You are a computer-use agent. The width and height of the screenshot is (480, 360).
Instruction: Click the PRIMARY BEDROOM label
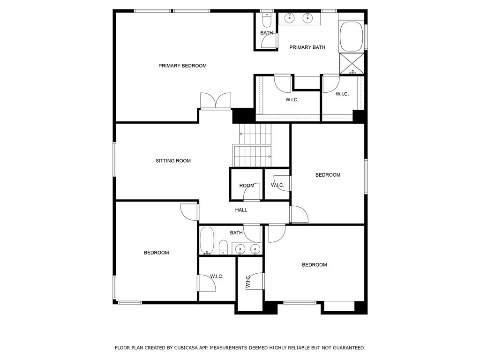pos(182,66)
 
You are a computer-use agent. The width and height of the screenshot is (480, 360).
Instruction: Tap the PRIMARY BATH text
pos(307,47)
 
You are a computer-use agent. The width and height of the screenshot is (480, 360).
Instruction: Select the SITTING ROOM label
pos(173,161)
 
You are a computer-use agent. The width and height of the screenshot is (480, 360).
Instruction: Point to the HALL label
pos(241,210)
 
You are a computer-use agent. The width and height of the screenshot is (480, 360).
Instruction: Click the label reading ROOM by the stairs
pos(247,186)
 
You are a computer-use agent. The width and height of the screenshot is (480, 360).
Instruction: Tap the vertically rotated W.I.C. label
pos(248,281)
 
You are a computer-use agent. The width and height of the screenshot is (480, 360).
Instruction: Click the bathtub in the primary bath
pos(351,37)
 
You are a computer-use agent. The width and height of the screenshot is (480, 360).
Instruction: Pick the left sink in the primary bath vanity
pos(290,18)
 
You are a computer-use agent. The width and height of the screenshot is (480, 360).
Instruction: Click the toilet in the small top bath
pos(266,20)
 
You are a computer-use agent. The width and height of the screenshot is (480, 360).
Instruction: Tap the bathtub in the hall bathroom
pos(207,241)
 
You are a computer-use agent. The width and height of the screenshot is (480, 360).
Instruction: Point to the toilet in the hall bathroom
pos(224,247)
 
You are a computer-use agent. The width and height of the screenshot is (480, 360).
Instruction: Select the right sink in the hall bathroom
pos(255,249)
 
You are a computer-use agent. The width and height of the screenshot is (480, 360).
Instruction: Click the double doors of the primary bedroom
pos(215,101)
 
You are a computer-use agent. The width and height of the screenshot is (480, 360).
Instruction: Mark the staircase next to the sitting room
pos(253,145)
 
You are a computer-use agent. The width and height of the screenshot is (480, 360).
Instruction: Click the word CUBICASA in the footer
pos(187,348)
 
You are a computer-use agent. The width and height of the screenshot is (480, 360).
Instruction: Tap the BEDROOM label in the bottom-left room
pos(156,253)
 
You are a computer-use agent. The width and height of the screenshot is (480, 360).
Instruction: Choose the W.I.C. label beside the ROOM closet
pos(277,185)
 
